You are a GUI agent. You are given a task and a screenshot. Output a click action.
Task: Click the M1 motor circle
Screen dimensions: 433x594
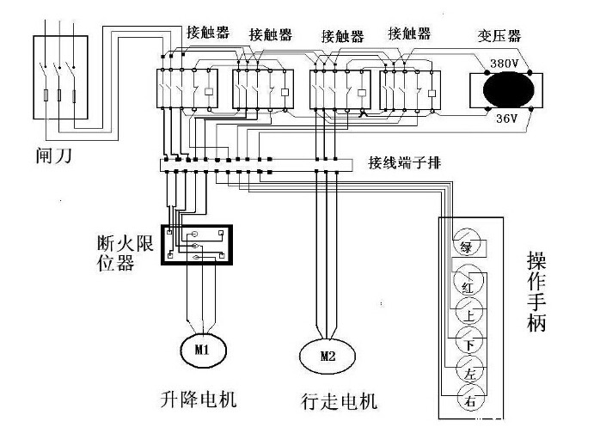tap(200, 349)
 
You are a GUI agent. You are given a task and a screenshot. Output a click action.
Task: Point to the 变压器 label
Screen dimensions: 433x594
tap(500, 36)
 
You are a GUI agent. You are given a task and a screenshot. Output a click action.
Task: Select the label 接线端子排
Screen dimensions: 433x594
tap(407, 162)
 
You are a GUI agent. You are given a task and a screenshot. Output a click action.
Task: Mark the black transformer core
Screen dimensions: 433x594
tap(507, 90)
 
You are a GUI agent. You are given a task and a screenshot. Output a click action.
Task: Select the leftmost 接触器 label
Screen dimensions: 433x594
tap(207, 33)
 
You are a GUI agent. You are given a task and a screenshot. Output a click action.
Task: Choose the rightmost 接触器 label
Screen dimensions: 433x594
tap(409, 34)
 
